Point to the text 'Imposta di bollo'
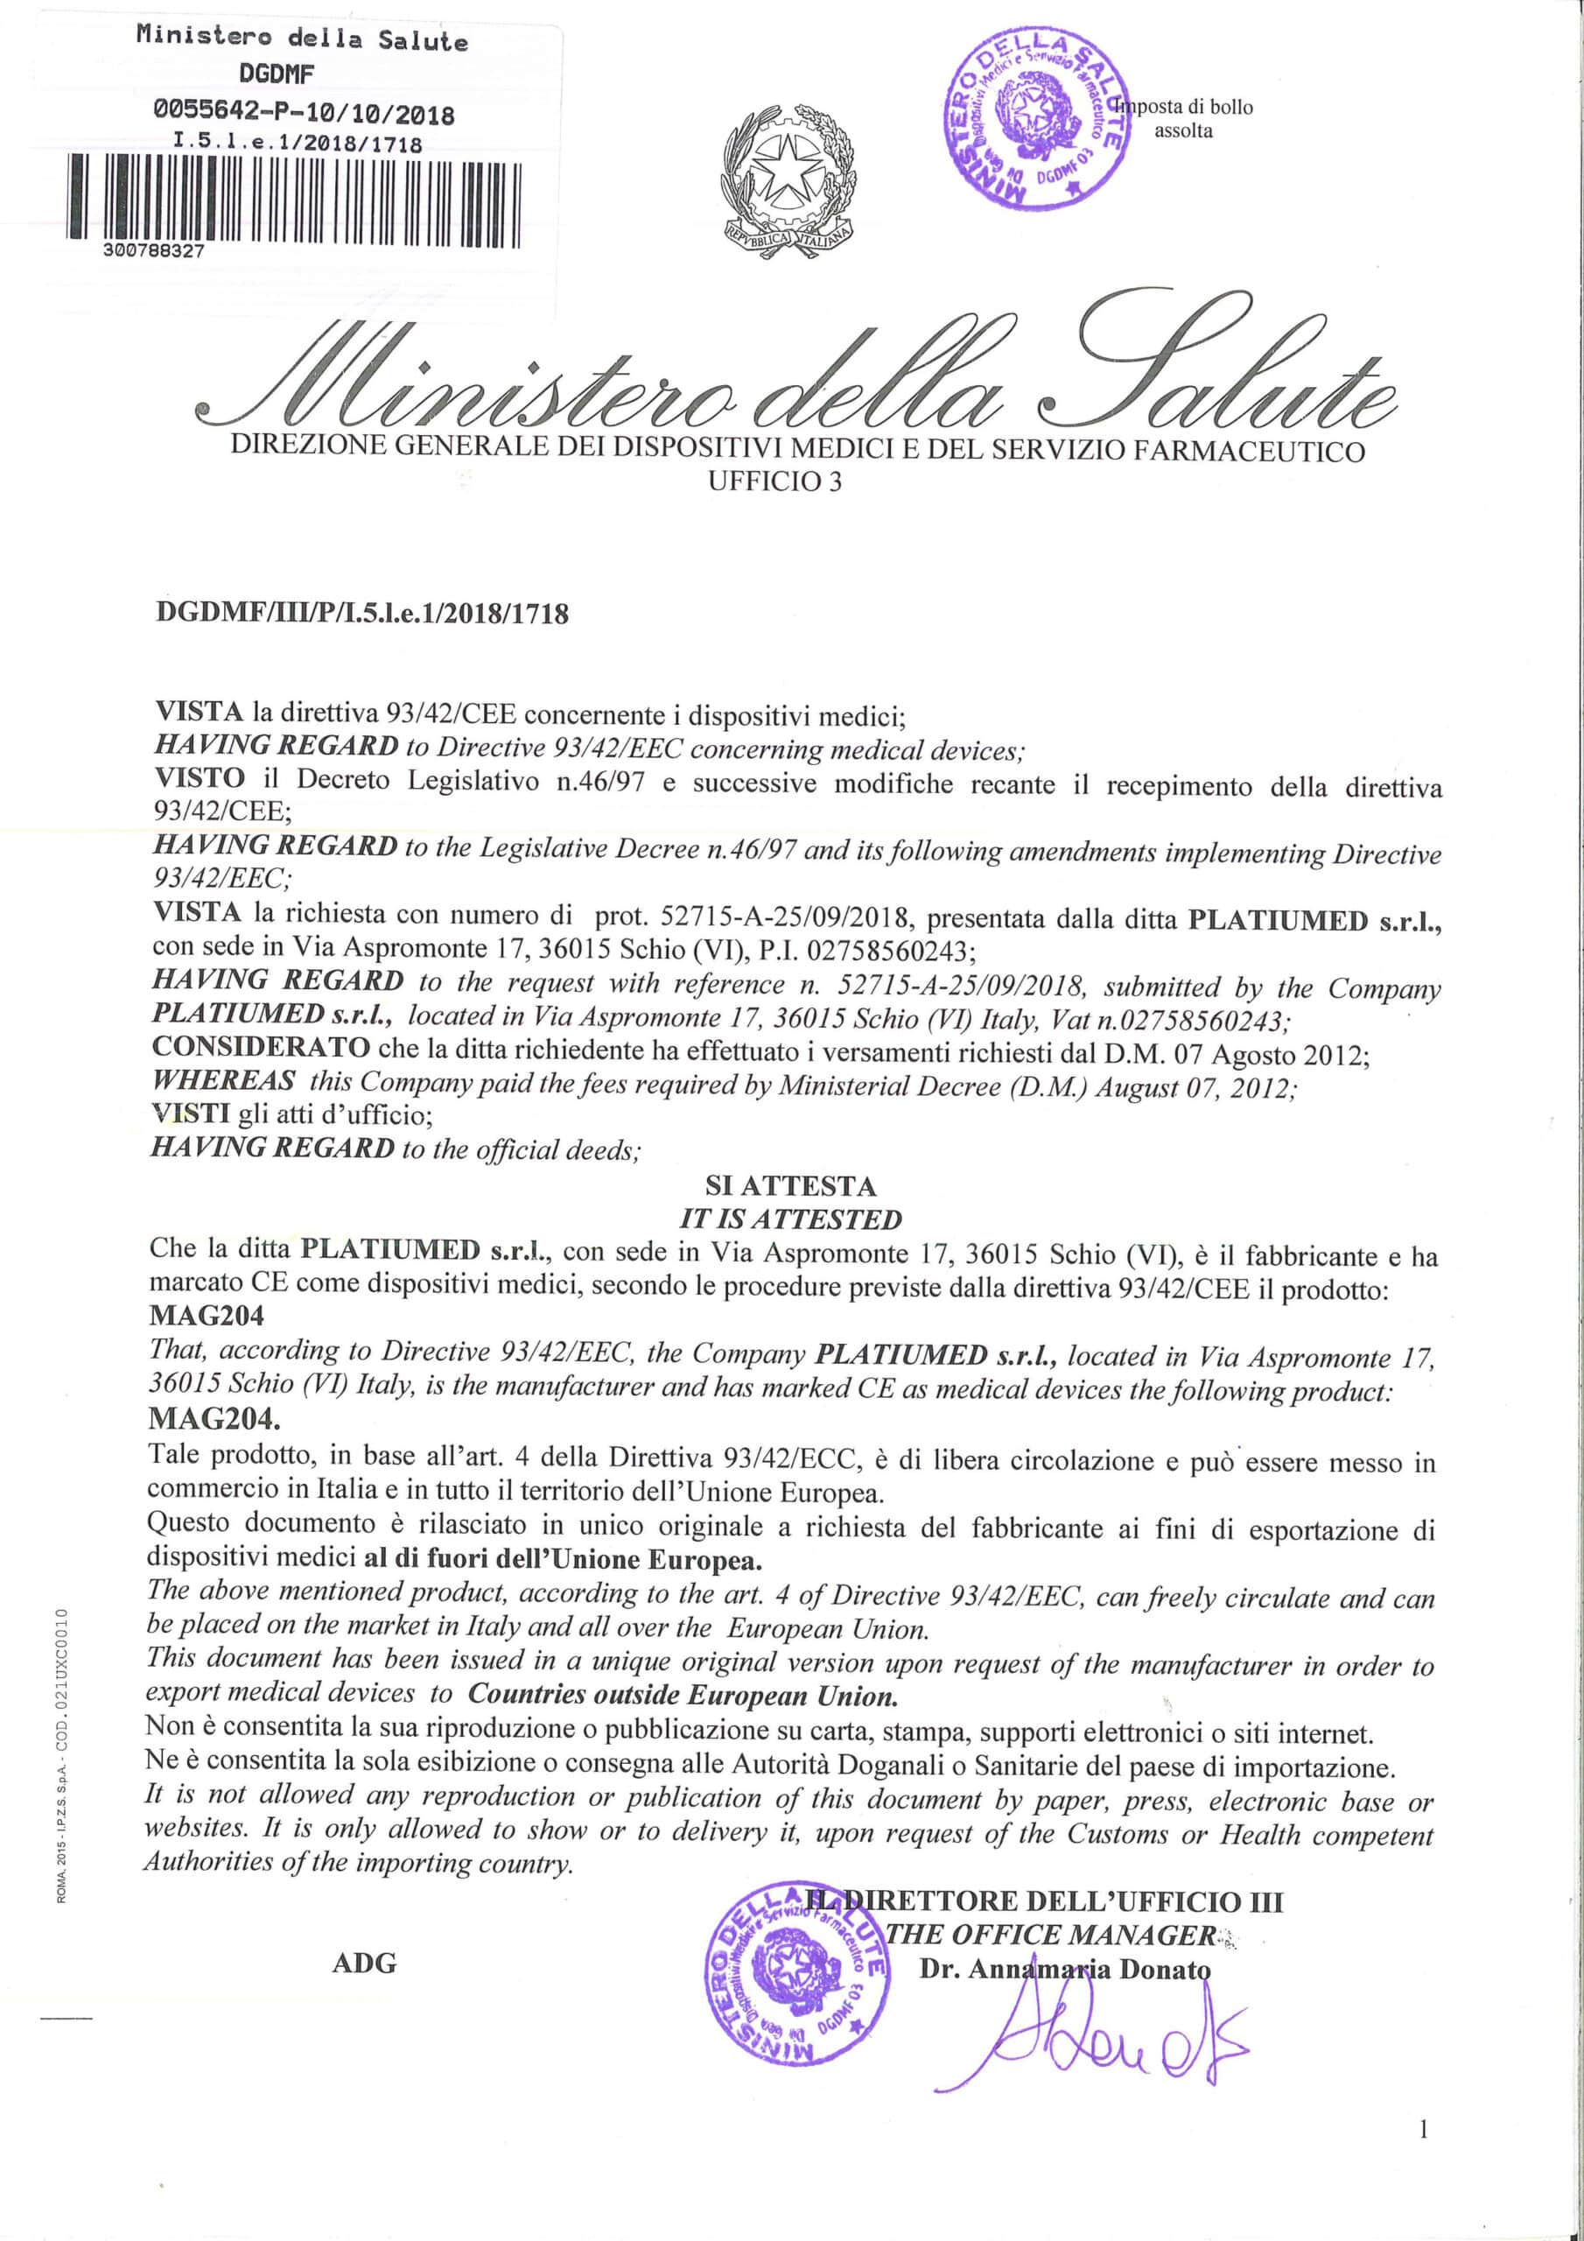tap(1185, 107)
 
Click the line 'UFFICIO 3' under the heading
tap(774, 481)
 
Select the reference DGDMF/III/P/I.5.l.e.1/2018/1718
tap(362, 613)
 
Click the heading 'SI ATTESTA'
tap(790, 1186)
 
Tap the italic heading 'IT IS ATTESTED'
tap(790, 1219)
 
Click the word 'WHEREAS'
tap(223, 1080)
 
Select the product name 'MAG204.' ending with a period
tap(214, 1416)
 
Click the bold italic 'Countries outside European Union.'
tap(683, 1696)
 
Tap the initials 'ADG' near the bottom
tap(364, 1963)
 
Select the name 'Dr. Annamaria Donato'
tap(1064, 1969)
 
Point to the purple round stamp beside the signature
tap(796, 1975)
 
